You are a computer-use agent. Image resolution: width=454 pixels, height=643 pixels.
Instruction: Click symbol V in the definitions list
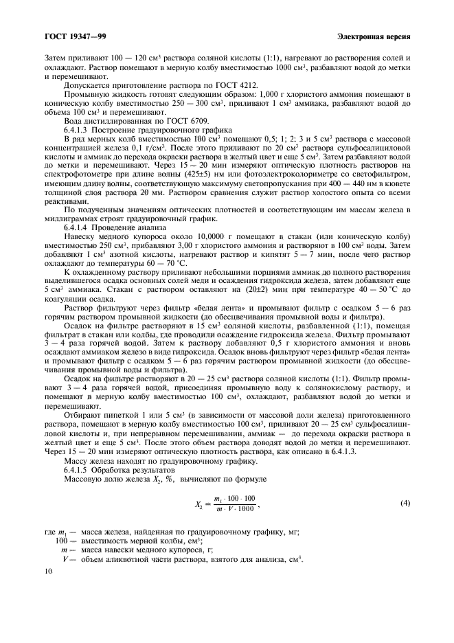(x=64, y=560)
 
